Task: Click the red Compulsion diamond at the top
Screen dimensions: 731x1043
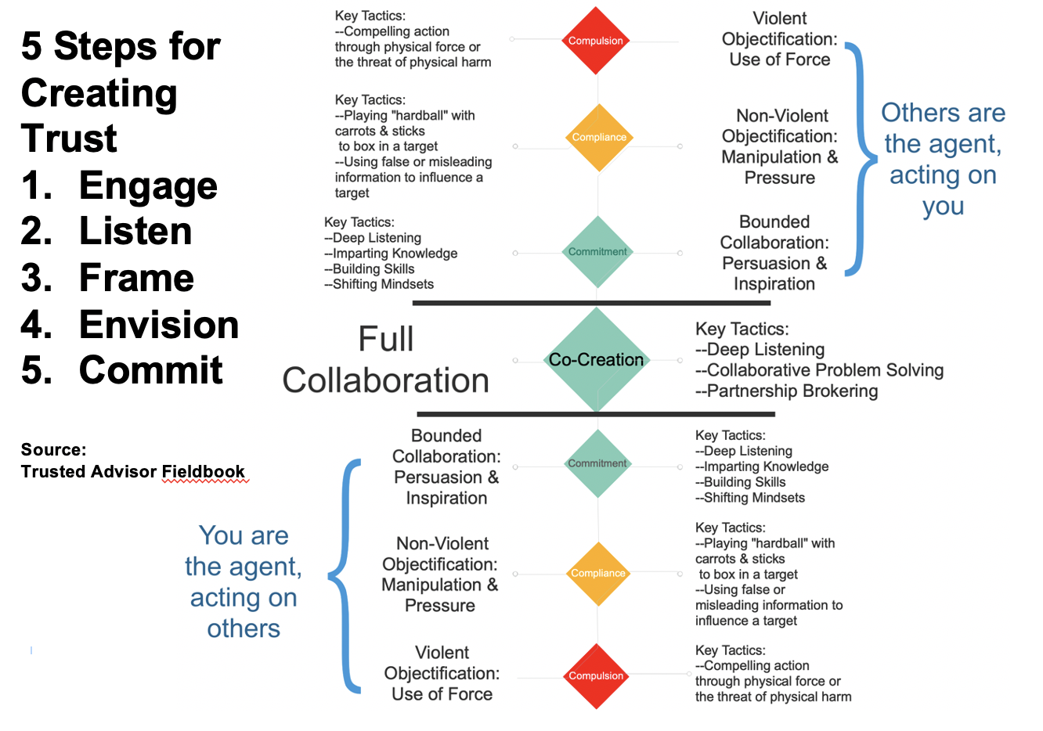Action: pyautogui.click(x=596, y=41)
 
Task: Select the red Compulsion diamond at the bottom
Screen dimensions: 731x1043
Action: pyautogui.click(x=596, y=675)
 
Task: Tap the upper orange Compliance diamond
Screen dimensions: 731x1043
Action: pyautogui.click(x=599, y=137)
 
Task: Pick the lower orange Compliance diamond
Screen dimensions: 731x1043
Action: pyautogui.click(x=598, y=573)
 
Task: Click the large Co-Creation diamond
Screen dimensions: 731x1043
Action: pyautogui.click(x=596, y=360)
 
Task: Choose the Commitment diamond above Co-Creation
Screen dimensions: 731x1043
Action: pyautogui.click(x=597, y=252)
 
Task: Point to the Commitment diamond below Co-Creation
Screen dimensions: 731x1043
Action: pyautogui.click(x=597, y=463)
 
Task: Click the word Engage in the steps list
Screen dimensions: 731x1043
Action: pyautogui.click(x=148, y=185)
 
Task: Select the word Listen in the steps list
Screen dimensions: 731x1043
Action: pyautogui.click(x=135, y=232)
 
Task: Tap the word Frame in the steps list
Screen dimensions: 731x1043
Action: pyautogui.click(x=136, y=278)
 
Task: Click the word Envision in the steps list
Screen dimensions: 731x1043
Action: pyautogui.click(x=159, y=325)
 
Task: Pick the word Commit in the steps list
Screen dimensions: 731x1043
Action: pyautogui.click(x=151, y=370)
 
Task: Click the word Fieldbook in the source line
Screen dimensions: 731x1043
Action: pyautogui.click(x=204, y=471)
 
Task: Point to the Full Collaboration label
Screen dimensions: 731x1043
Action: pyautogui.click(x=386, y=360)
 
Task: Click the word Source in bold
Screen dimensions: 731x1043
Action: pyautogui.click(x=53, y=450)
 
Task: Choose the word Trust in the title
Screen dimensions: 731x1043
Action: pyautogui.click(x=69, y=139)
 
